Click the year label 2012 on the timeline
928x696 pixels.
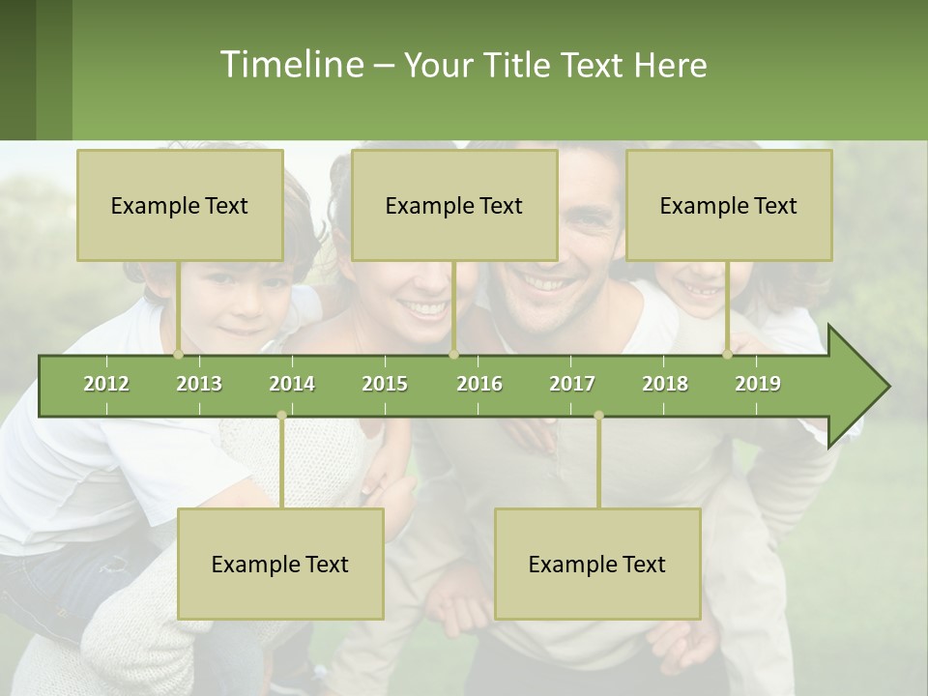click(x=106, y=384)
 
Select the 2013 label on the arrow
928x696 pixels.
click(x=199, y=384)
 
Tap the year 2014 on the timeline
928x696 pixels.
click(x=292, y=384)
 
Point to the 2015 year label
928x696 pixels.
click(x=385, y=384)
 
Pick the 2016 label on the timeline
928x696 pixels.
click(x=479, y=384)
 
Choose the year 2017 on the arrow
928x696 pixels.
click(x=572, y=384)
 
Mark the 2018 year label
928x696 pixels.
click(x=665, y=384)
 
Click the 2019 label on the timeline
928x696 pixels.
click(x=758, y=384)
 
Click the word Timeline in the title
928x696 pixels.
click(x=290, y=65)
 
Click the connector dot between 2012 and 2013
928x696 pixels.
click(x=178, y=355)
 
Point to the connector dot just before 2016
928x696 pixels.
click(x=453, y=355)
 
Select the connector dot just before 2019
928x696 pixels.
click(x=727, y=355)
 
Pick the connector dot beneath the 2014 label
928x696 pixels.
click(x=281, y=416)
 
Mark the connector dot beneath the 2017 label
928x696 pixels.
click(x=598, y=416)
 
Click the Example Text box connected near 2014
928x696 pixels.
click(x=280, y=564)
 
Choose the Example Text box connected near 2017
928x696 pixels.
click(x=597, y=564)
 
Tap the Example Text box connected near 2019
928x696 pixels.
click(x=729, y=205)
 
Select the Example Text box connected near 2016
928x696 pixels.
click(x=454, y=205)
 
